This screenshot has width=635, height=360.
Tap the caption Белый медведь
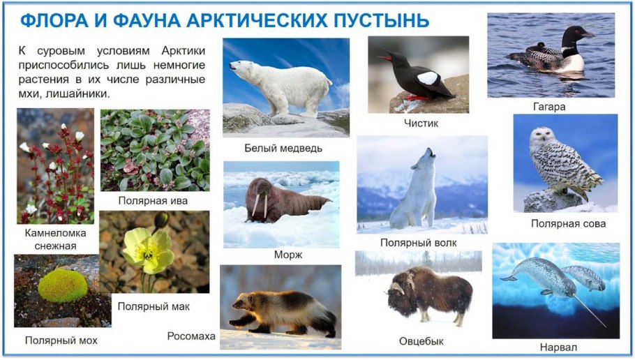[283, 149]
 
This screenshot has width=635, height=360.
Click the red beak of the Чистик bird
[384, 58]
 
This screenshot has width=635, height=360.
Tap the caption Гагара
[548, 107]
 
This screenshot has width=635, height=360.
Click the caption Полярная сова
[567, 224]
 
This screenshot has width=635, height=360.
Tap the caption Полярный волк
[419, 242]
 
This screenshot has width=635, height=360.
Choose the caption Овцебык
[421, 341]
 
